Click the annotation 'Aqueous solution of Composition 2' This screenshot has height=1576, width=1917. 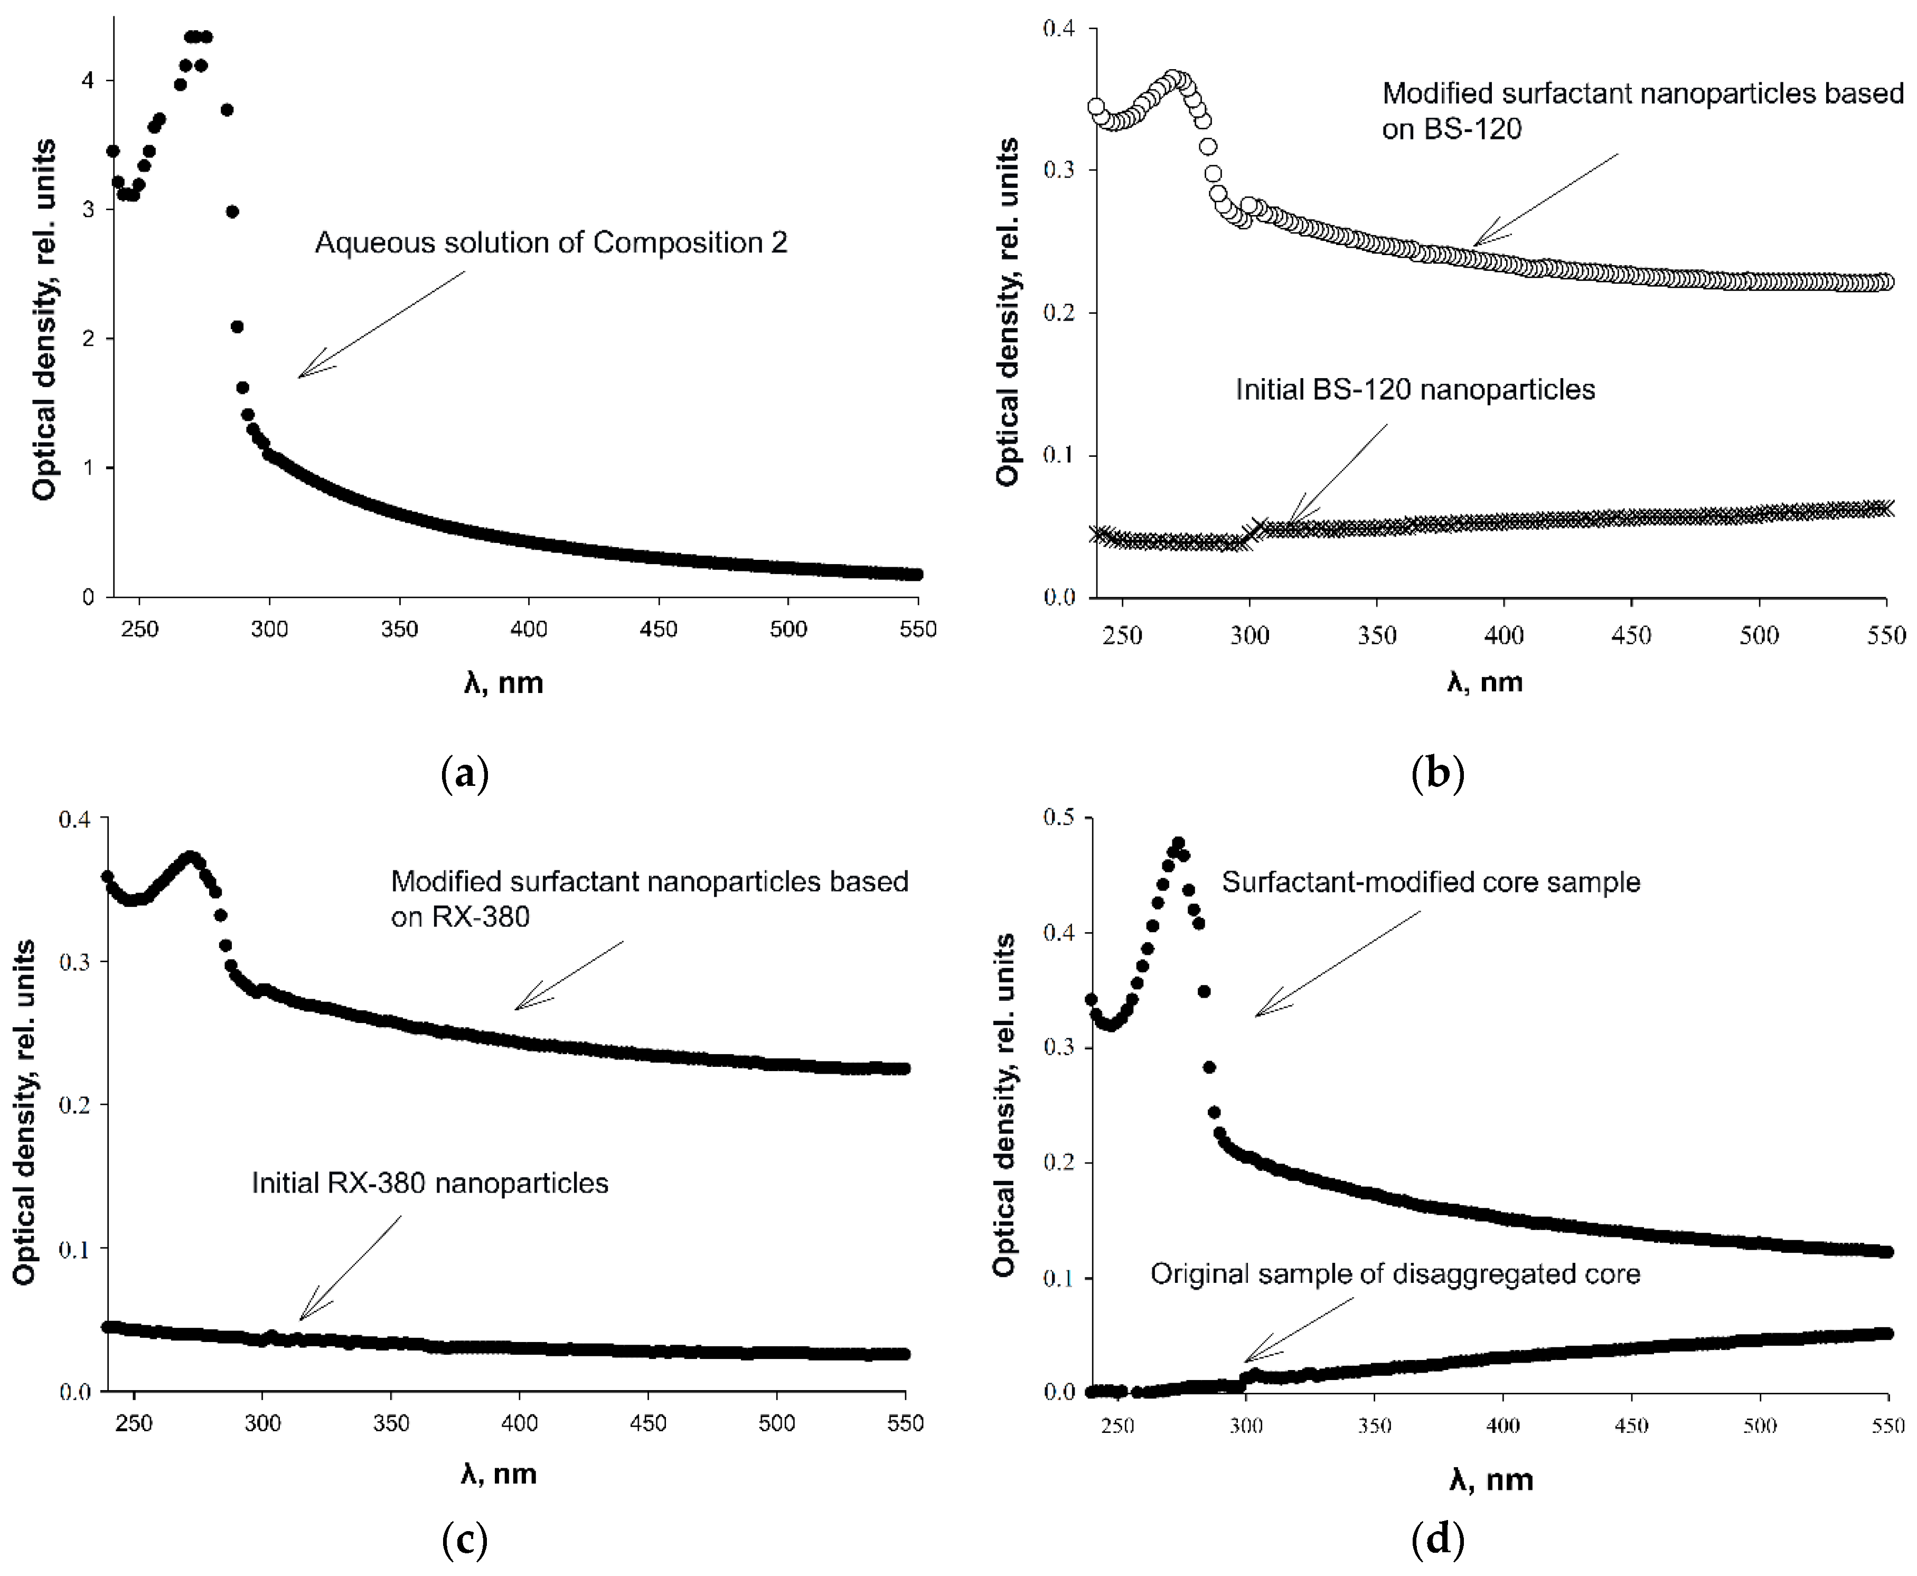click(551, 243)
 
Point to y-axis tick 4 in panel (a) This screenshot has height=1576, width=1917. click(87, 81)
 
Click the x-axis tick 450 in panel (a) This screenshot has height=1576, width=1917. click(658, 629)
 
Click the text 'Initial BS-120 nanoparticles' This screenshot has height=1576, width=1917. click(1414, 390)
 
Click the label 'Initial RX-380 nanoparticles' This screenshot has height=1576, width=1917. click(429, 1183)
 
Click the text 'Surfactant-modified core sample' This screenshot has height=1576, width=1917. click(1431, 883)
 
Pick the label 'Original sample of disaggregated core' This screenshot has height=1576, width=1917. click(1395, 1274)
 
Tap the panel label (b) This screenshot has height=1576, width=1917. click(1437, 773)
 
